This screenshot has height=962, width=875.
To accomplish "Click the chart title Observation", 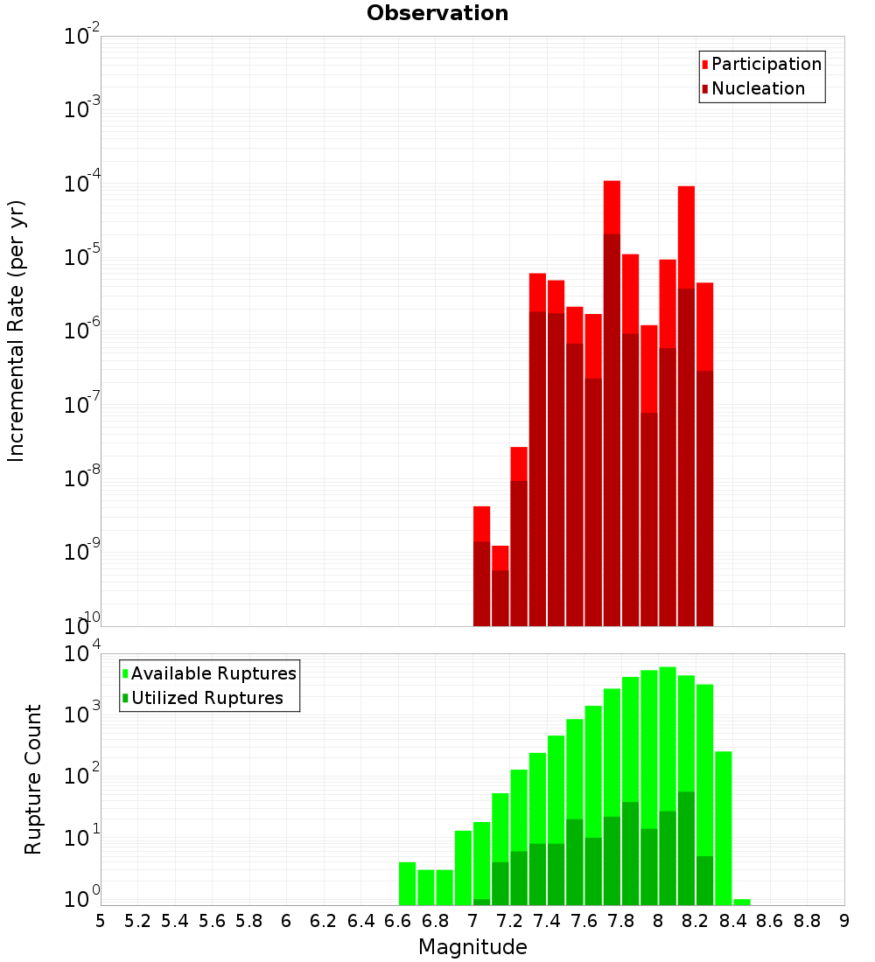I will click(x=437, y=13).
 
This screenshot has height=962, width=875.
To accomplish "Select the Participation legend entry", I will click(x=766, y=64).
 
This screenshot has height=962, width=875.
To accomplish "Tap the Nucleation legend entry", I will click(x=758, y=88).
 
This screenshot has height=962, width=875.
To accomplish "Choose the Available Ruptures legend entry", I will click(x=213, y=673).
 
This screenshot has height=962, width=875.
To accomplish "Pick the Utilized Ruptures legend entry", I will click(x=206, y=698).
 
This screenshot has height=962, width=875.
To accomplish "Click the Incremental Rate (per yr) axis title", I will click(x=17, y=331).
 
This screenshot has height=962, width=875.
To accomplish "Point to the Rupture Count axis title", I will click(x=33, y=779).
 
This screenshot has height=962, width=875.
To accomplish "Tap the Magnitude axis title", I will click(x=472, y=946).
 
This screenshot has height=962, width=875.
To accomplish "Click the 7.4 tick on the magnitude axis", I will click(x=547, y=921).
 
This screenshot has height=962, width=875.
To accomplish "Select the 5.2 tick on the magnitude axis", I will click(x=137, y=921).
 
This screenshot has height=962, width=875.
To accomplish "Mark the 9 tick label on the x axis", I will click(x=843, y=921).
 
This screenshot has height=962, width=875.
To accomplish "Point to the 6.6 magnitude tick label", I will click(x=398, y=921).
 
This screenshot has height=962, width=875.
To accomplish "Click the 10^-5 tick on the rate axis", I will click(x=81, y=258).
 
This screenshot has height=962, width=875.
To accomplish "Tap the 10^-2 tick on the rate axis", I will click(x=81, y=37).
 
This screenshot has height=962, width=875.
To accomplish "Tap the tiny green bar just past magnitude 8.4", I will click(x=742, y=902).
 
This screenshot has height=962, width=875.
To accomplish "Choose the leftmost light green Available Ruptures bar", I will click(x=407, y=883).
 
